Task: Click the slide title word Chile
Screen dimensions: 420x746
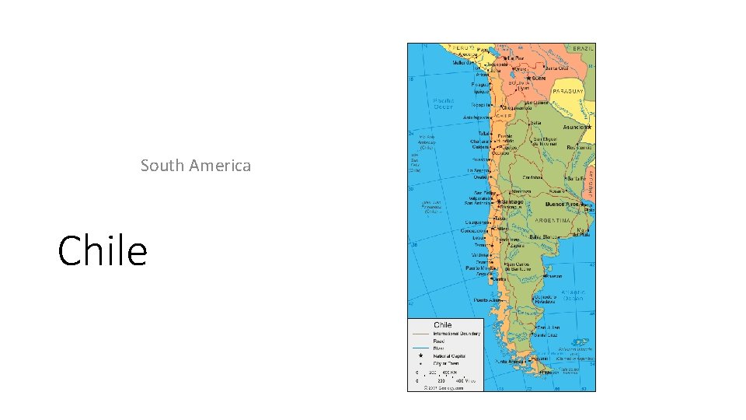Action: click(103, 250)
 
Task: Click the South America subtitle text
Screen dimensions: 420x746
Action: click(196, 165)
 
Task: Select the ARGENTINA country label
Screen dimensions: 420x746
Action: click(553, 220)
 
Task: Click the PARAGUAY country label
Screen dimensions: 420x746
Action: click(568, 91)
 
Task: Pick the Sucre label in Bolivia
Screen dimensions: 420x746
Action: click(538, 78)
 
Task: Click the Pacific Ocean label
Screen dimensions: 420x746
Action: click(444, 103)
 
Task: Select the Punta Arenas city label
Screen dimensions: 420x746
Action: click(510, 362)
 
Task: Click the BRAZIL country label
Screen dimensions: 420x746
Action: click(584, 48)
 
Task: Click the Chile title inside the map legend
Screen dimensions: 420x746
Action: click(442, 324)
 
